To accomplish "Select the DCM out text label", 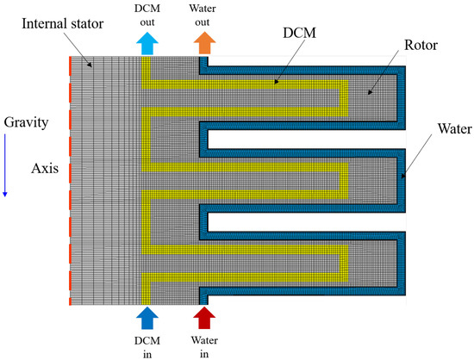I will (x=146, y=16).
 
